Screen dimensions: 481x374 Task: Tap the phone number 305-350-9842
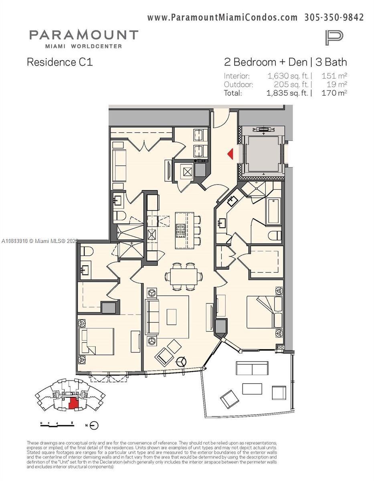coord(334,17)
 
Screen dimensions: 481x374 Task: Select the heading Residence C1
coord(59,62)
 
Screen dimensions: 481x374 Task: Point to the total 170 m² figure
coord(334,93)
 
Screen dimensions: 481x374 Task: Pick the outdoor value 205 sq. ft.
coord(291,84)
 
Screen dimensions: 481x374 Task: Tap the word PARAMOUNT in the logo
coord(83,35)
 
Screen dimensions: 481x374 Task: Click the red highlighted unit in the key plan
coord(73,402)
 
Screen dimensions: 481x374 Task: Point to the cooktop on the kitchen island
coord(181,229)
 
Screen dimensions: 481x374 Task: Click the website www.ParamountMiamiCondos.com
coord(222,17)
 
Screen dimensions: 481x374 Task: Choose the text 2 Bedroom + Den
coord(265,62)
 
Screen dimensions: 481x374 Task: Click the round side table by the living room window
coord(182,360)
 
